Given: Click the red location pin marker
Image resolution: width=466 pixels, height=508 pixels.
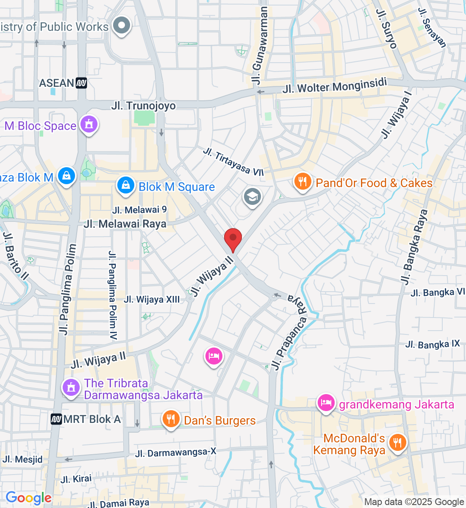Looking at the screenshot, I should point(233,239).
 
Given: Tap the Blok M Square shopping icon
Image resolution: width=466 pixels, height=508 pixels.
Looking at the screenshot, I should point(126,185).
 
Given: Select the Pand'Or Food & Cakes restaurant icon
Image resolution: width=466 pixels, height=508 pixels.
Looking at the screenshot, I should point(302,182).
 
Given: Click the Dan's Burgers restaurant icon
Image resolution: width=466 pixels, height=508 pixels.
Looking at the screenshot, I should point(171,419).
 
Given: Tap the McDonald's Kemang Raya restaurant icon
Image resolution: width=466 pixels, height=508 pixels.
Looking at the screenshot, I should point(397,443).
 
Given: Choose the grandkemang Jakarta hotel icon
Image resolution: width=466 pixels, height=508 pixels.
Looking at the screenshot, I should point(325,403).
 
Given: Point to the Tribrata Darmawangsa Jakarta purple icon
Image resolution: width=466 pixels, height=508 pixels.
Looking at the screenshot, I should point(71,387).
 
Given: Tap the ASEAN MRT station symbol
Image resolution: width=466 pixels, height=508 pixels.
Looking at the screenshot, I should point(81,83).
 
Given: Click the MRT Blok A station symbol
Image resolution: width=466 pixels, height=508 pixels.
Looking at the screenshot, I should point(56,420).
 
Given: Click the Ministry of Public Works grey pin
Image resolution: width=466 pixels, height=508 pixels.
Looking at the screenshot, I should point(122,25).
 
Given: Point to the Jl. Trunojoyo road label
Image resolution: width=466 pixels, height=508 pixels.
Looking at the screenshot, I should point(143,105).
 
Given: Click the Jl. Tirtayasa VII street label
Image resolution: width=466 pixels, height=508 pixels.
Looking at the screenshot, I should point(233,161).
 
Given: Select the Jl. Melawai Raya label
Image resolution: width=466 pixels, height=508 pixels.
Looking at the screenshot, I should point(125,224).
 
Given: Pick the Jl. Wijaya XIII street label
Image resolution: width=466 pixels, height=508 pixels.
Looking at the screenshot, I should point(152,299).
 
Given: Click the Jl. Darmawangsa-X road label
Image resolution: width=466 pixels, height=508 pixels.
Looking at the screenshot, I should point(175,453).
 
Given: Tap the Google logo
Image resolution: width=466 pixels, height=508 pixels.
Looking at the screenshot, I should point(28,498).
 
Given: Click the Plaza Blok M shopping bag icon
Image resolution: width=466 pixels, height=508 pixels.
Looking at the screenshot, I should point(67,176).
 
